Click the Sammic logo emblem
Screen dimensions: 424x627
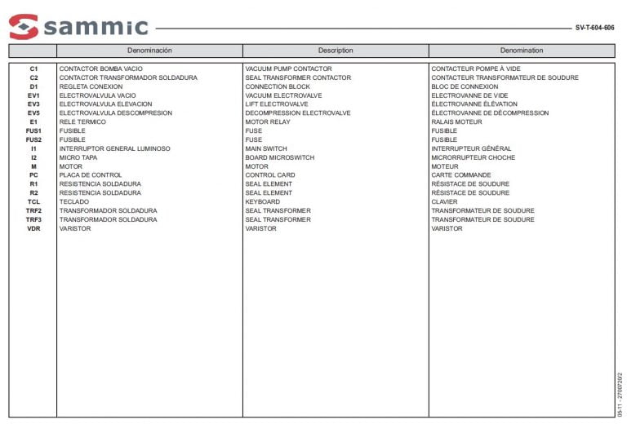[x=24, y=27]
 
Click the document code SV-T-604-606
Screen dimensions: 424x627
[x=594, y=28]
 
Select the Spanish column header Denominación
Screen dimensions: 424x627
[x=149, y=51]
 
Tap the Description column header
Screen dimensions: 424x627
[x=336, y=51]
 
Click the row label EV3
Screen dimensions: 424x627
[x=33, y=104]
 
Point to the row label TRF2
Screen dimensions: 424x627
[x=33, y=211]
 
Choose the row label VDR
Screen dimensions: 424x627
[x=33, y=229]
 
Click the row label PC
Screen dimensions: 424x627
[x=33, y=175]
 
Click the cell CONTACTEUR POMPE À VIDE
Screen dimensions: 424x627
[x=475, y=69]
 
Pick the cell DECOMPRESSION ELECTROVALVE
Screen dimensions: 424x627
[x=298, y=113]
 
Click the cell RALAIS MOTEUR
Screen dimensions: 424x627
[x=456, y=122]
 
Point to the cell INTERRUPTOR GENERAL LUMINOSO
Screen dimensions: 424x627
[x=114, y=149]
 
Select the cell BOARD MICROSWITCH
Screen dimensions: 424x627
[x=279, y=157]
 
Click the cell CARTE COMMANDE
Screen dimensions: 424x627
[x=460, y=175]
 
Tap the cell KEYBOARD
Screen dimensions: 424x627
[x=262, y=202]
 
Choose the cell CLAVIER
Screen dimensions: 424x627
[x=444, y=202]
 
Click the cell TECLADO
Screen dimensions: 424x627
[x=74, y=202]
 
